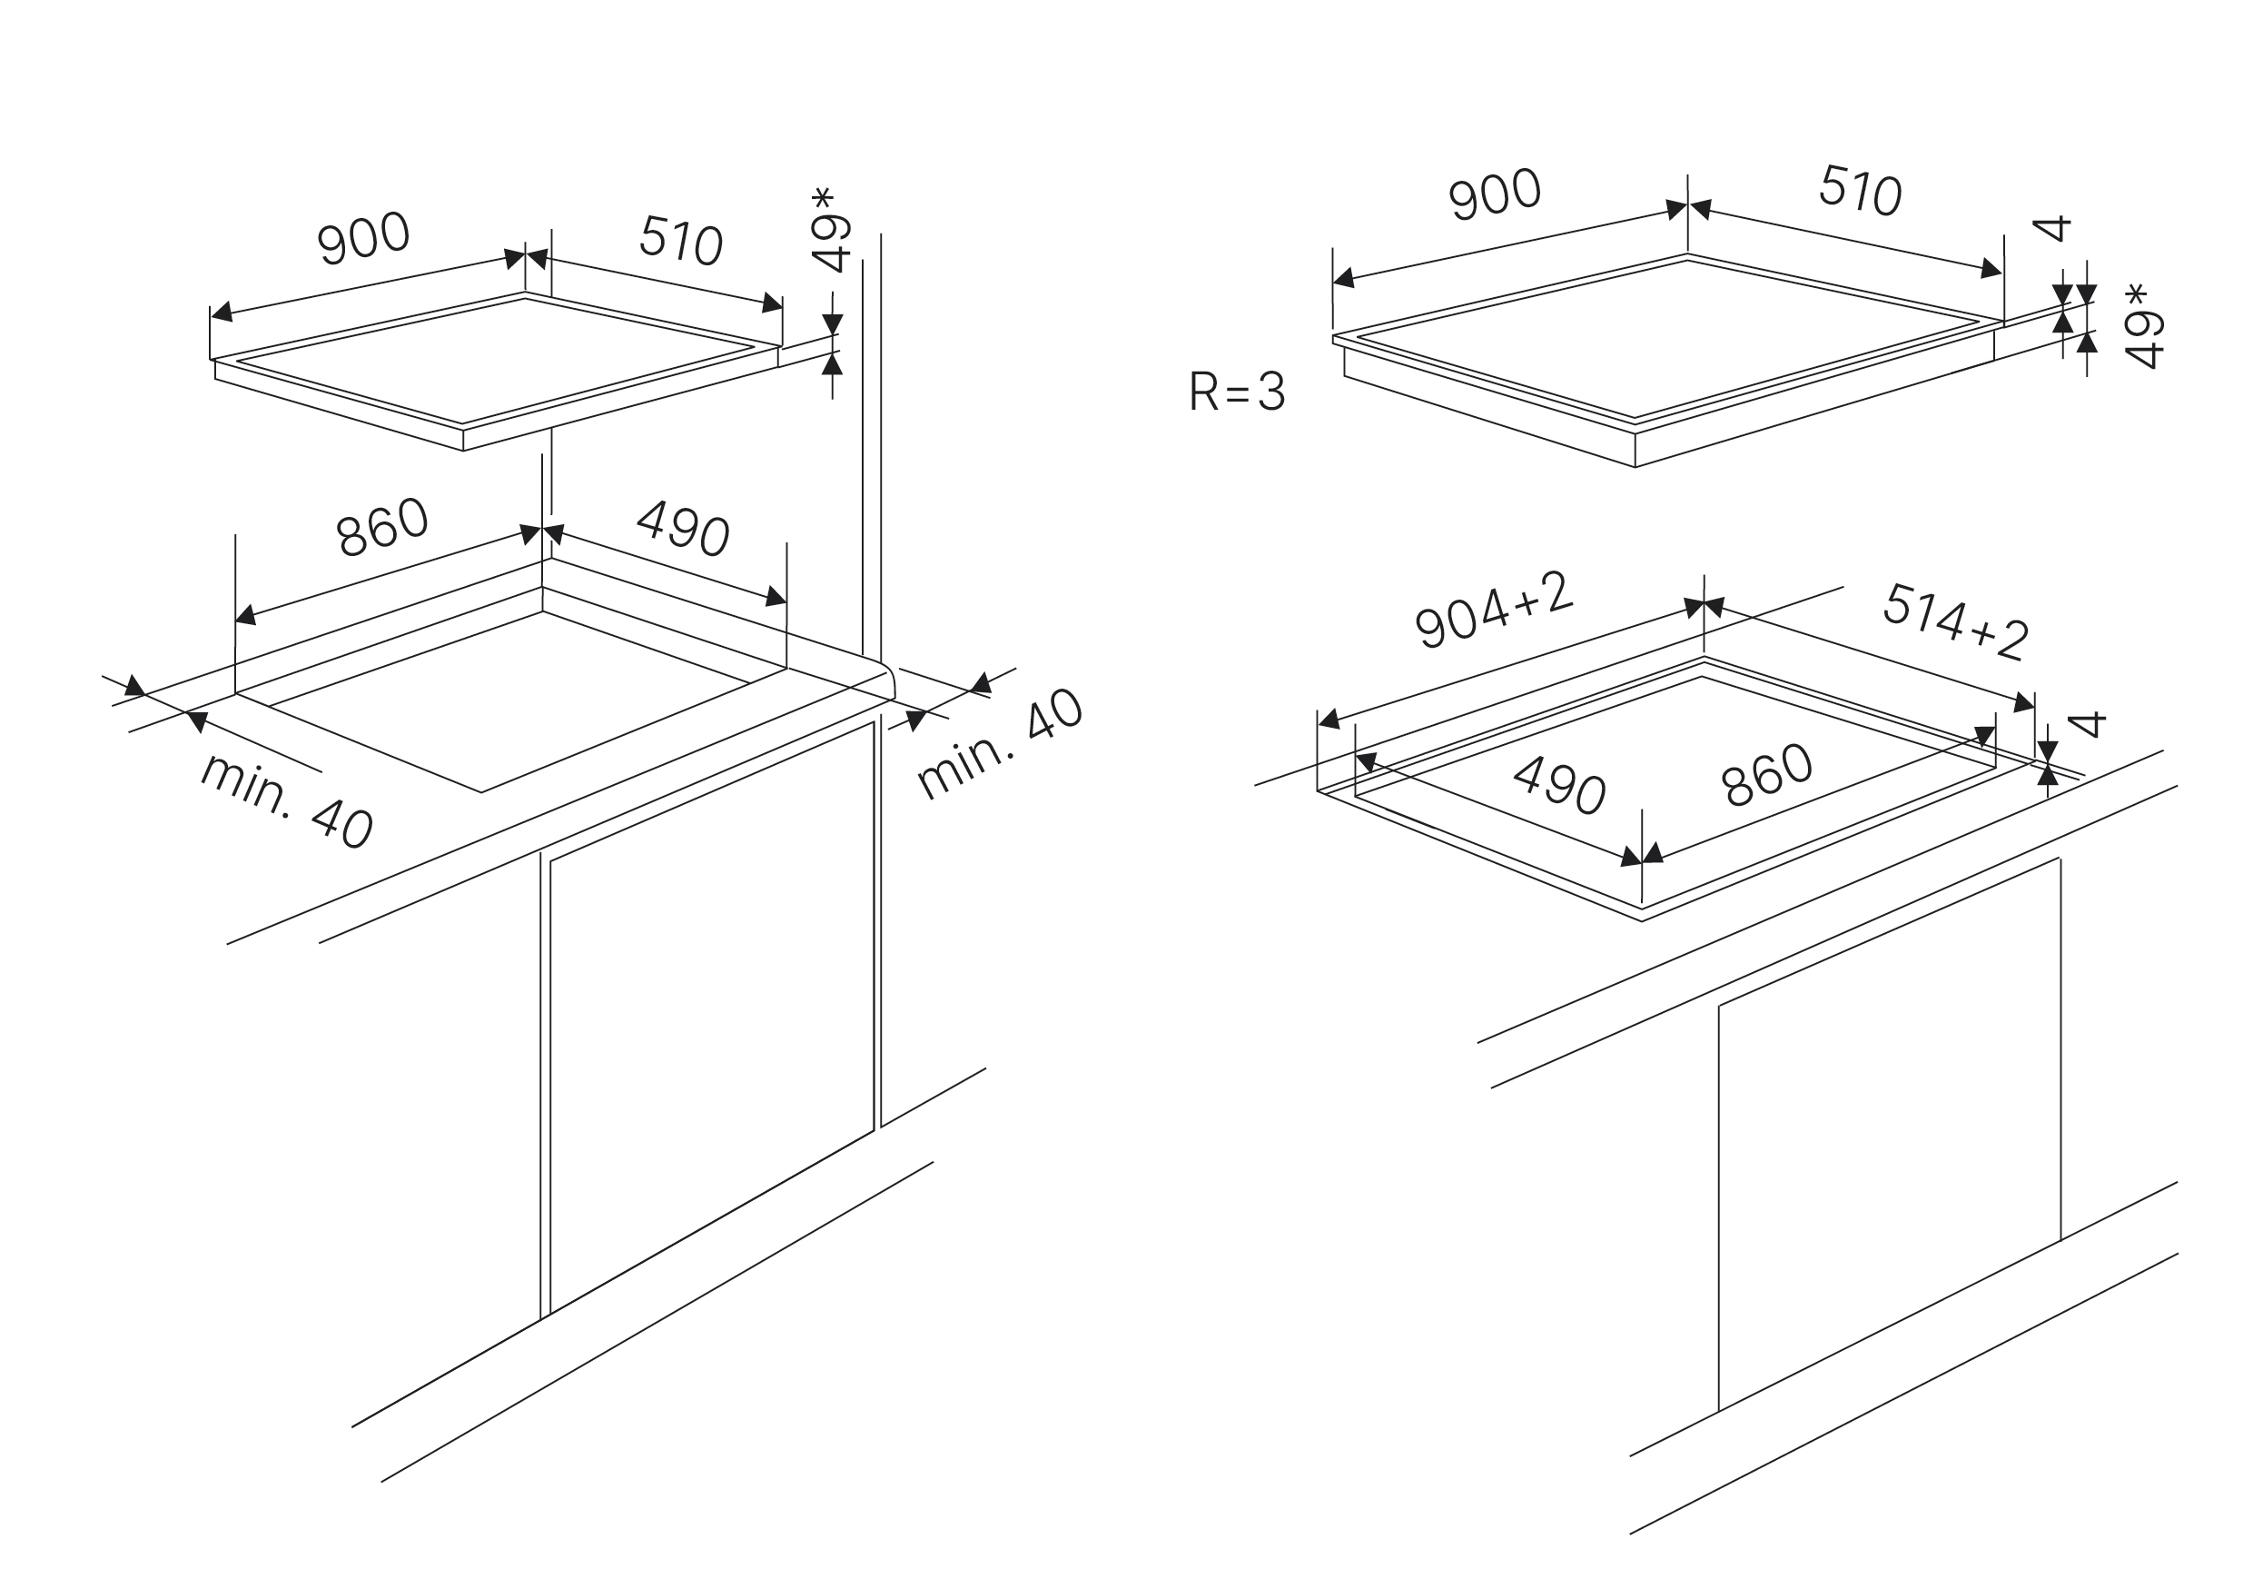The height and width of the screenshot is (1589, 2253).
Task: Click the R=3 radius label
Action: point(1237,392)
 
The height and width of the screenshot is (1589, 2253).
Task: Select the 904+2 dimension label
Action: point(1494,611)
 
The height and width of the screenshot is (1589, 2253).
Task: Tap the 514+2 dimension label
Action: point(1955,621)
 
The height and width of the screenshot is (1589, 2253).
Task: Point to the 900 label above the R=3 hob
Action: point(1495,194)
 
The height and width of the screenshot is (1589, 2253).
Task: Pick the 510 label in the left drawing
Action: point(681,241)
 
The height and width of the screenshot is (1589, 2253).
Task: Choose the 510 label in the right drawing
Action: point(1861,191)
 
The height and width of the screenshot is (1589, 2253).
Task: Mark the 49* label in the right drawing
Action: point(2145,327)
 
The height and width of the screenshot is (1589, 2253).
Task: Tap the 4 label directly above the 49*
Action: point(2050,229)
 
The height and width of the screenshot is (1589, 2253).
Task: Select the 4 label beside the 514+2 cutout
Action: point(2086,724)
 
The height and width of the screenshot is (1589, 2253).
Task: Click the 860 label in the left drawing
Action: point(381,528)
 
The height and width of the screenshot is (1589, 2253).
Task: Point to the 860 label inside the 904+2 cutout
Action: point(1766,775)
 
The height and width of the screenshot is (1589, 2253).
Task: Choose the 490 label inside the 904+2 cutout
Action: point(1559,786)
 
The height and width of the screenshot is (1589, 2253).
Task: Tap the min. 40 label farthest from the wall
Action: point(287,799)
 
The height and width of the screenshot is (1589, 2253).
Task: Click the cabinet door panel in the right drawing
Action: point(1889,1128)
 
